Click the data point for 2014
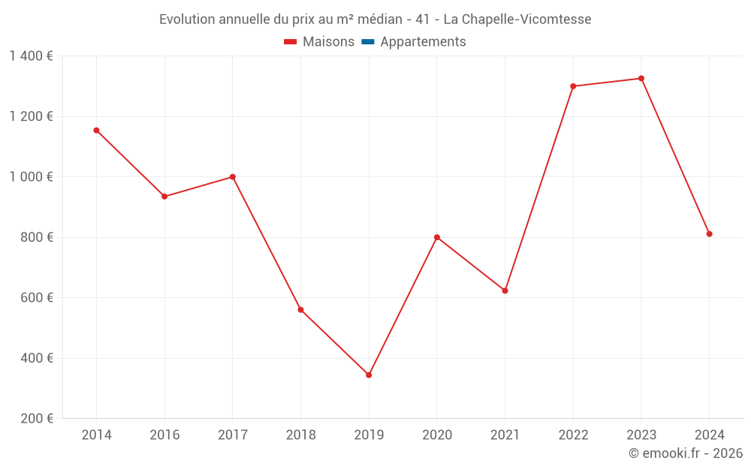point(96,131)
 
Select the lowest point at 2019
point(369,375)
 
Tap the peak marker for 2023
point(641,78)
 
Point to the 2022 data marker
point(573,86)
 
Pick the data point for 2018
point(300,310)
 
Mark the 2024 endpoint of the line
point(709,234)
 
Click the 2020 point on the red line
point(436,237)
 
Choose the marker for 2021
point(505,290)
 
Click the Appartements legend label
point(423,42)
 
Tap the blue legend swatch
point(368,42)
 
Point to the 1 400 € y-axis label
point(31,56)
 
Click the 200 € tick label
point(37,419)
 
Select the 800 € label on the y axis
point(37,237)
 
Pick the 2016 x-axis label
point(164,435)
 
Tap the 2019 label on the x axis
point(369,435)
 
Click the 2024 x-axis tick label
point(709,435)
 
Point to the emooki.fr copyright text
point(686,453)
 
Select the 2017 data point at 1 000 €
point(233,177)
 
